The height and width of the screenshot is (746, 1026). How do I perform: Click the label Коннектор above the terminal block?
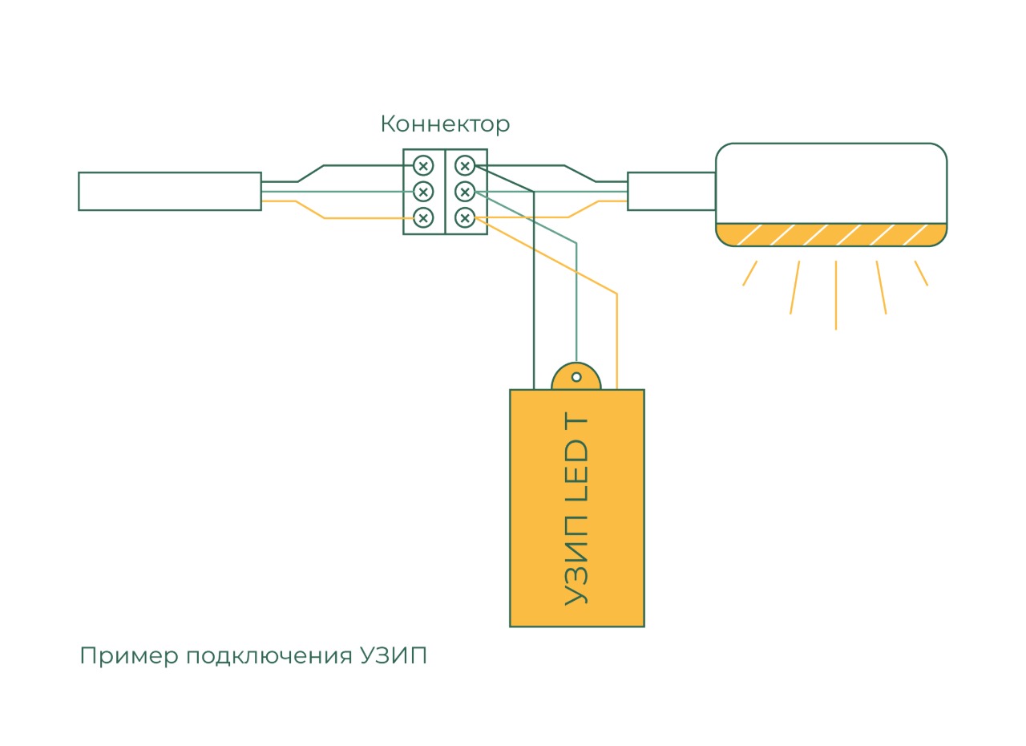click(x=445, y=124)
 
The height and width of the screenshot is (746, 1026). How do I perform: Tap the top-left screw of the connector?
click(x=423, y=165)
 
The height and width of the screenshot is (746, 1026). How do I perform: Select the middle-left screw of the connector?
click(x=423, y=192)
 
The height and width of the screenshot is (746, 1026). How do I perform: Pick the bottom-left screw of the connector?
click(x=423, y=217)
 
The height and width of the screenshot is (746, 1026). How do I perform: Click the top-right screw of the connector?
click(x=465, y=165)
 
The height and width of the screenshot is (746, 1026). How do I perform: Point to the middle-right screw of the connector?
click(x=465, y=192)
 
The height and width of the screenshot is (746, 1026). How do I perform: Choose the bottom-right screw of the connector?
click(x=465, y=217)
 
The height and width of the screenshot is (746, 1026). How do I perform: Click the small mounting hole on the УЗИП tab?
click(x=576, y=377)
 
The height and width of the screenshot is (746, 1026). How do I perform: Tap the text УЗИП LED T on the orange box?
click(x=576, y=509)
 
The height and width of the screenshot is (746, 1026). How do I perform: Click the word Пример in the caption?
click(x=129, y=657)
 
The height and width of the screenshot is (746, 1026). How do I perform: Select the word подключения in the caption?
click(x=269, y=657)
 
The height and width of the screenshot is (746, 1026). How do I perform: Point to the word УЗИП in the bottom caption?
click(x=394, y=655)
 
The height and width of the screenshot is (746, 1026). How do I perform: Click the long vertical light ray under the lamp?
click(x=836, y=295)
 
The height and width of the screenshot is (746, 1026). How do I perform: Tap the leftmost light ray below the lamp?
click(x=749, y=274)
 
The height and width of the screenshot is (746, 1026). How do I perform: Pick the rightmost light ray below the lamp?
click(x=921, y=274)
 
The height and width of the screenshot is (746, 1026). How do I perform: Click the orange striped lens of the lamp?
click(x=831, y=234)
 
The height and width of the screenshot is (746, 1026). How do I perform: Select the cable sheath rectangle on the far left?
click(x=170, y=192)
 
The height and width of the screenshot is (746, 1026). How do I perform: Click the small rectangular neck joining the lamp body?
click(x=672, y=192)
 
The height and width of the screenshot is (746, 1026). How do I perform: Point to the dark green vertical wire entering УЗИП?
click(x=534, y=290)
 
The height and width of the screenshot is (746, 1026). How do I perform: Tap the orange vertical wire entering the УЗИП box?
click(x=617, y=342)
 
